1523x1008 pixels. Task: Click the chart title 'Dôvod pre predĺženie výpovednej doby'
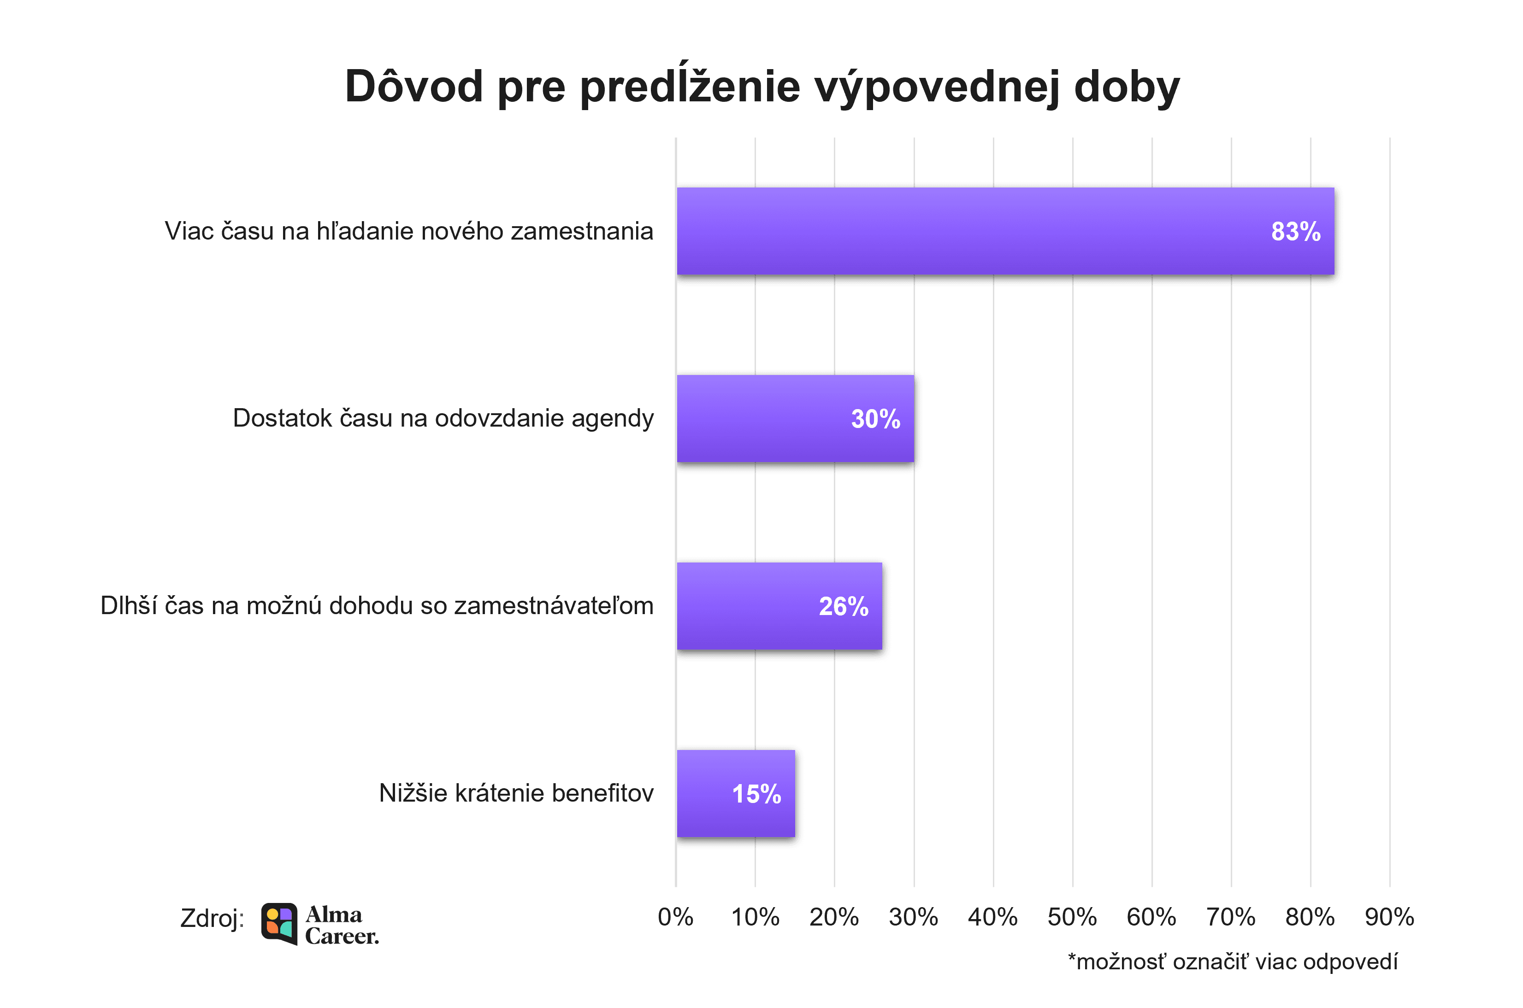pyautogui.click(x=762, y=86)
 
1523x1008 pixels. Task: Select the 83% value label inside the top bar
pyautogui.click(x=1295, y=231)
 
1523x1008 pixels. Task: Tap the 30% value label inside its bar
pyautogui.click(x=875, y=419)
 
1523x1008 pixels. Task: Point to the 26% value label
pyautogui.click(x=843, y=606)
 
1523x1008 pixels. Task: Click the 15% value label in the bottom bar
pyautogui.click(x=756, y=794)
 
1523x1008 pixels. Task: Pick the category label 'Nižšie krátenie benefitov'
pyautogui.click(x=516, y=793)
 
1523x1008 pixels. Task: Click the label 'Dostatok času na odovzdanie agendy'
pyautogui.click(x=443, y=418)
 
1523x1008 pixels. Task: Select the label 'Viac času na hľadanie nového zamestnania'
pyautogui.click(x=408, y=231)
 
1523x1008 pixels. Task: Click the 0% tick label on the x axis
pyautogui.click(x=675, y=917)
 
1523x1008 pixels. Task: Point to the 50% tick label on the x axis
pyautogui.click(x=1072, y=917)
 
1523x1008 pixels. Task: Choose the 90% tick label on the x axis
pyautogui.click(x=1389, y=917)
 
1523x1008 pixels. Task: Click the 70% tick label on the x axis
pyautogui.click(x=1230, y=917)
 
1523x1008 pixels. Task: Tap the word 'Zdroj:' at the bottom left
pyautogui.click(x=212, y=919)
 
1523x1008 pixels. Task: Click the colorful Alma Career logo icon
pyautogui.click(x=279, y=924)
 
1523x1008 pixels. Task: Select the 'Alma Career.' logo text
pyautogui.click(x=342, y=925)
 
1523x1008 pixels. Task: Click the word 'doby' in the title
pyautogui.click(x=1127, y=86)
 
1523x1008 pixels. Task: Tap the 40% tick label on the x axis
pyautogui.click(x=992, y=917)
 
